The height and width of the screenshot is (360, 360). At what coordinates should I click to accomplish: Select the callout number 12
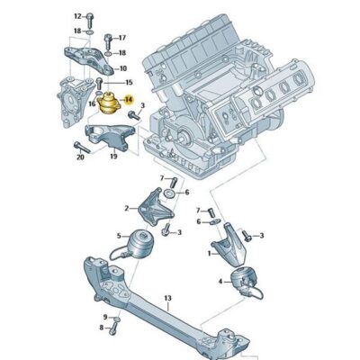coord(76,16)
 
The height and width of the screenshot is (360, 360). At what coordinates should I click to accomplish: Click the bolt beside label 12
coord(91,17)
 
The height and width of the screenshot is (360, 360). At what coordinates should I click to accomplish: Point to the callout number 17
coord(122,38)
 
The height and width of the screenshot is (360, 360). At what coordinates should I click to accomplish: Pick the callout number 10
coord(122,67)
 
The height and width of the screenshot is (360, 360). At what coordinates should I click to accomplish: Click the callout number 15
coord(128,82)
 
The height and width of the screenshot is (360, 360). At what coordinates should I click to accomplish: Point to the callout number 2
coord(127,209)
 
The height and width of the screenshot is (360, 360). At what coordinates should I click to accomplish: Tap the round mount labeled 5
coord(139,243)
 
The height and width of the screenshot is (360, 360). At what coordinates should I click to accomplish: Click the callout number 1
coord(210,255)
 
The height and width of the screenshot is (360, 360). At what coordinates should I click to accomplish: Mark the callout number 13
coord(167,298)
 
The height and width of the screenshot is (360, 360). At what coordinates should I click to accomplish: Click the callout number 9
coord(104,318)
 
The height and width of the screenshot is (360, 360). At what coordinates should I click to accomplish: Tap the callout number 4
coord(220,283)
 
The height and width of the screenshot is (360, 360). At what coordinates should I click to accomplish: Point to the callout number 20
coord(81,157)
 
